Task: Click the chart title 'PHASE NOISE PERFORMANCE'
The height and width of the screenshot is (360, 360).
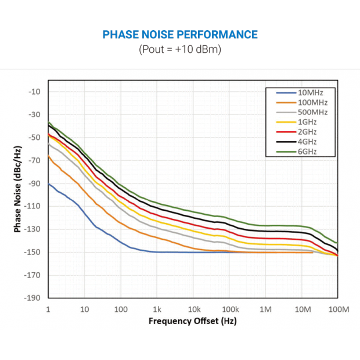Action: [x=180, y=35]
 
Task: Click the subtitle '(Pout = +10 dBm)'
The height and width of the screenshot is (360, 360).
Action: [x=180, y=49]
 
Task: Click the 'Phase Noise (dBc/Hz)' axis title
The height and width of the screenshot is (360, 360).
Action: [x=18, y=189]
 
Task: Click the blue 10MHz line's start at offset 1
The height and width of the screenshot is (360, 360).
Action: [x=49, y=183]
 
